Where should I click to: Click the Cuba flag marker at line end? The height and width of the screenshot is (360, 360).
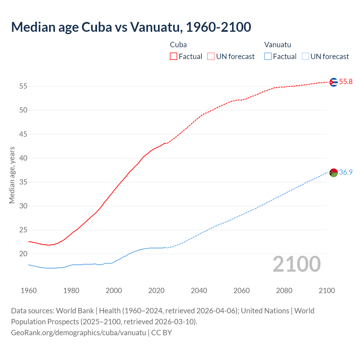[334, 82]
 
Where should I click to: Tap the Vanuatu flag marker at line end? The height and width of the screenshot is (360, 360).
[334, 173]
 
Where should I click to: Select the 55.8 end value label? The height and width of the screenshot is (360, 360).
[346, 82]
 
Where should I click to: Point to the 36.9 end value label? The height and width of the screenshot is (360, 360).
[346, 172]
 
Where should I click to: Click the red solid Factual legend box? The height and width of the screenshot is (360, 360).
[174, 57]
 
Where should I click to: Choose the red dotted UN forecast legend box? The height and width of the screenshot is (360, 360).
[211, 57]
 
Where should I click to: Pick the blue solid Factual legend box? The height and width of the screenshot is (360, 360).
[268, 57]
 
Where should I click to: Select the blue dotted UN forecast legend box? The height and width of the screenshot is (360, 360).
[305, 57]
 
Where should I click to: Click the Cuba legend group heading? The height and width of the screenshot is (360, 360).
[178, 45]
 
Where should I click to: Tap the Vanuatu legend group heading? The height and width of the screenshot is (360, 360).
[278, 45]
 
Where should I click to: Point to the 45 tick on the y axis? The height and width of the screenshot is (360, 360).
[23, 134]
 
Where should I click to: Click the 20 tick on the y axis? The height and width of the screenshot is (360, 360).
[23, 254]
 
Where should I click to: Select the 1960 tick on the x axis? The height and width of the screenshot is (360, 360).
[29, 291]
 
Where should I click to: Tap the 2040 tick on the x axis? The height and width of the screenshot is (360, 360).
[199, 291]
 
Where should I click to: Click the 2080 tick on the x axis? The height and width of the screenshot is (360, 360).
[284, 291]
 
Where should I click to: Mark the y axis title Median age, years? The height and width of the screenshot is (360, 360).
[12, 175]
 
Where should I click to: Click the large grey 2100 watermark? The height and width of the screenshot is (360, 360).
[296, 264]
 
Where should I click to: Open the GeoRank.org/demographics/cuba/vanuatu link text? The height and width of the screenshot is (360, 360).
[78, 333]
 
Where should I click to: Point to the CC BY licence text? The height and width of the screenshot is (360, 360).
[161, 333]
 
